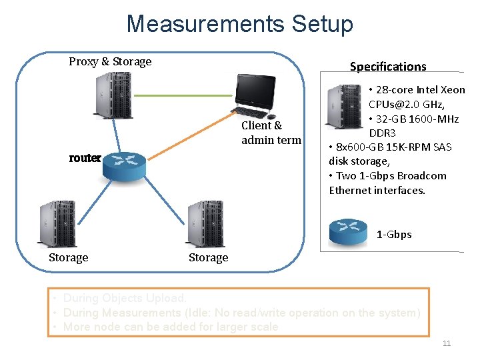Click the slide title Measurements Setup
pos(239,24)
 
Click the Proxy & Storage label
pos(110,61)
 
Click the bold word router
pos(85,158)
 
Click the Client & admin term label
pos(271,133)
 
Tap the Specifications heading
pos(388,66)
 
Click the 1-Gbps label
pos(394,235)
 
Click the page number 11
pos(447,343)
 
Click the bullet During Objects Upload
pos(125,299)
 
